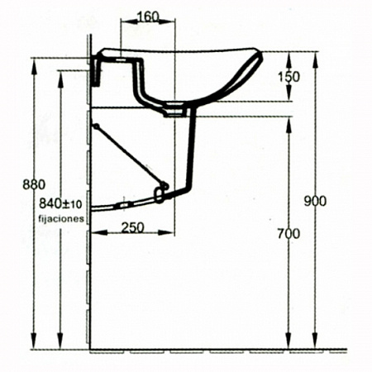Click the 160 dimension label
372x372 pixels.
coord(148,17)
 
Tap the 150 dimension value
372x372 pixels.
coord(289,77)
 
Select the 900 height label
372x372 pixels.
coord(315,201)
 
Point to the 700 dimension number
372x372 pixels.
coord(289,234)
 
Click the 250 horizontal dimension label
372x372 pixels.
coord(133,227)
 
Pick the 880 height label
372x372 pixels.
coord(34,184)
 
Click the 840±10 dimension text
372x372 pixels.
coord(60,204)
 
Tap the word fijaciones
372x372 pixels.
coord(61,218)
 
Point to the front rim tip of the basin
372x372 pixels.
coord(259,53)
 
